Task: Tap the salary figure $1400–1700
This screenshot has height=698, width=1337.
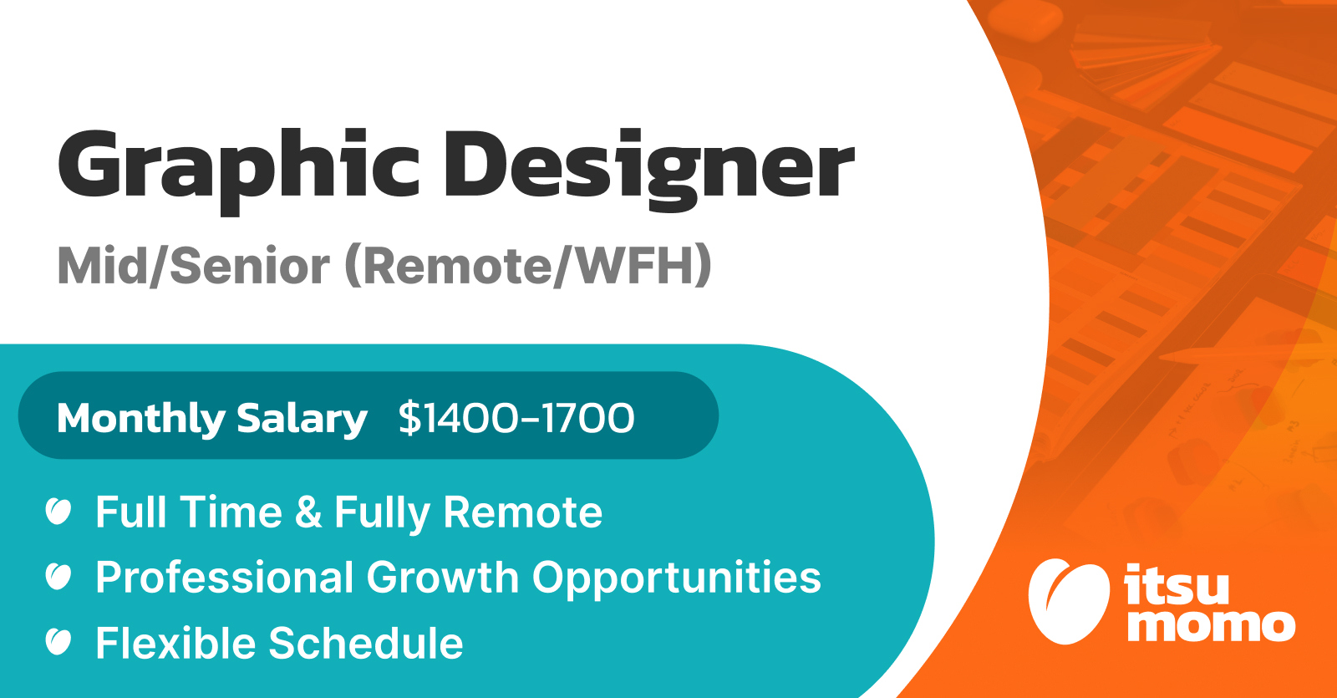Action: (516, 418)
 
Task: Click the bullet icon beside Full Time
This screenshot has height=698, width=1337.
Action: (58, 511)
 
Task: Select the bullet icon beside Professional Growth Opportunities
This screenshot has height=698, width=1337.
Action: (58, 576)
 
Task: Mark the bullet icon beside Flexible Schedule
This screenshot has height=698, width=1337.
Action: (58, 642)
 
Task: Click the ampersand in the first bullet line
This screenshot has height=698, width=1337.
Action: (308, 512)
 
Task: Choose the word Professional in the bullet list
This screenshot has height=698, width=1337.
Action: (225, 578)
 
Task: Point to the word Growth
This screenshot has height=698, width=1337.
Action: (443, 578)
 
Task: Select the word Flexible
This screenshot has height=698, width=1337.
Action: (176, 643)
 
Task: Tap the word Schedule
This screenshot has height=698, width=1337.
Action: (366, 643)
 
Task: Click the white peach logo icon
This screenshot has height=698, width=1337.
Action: (1069, 602)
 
